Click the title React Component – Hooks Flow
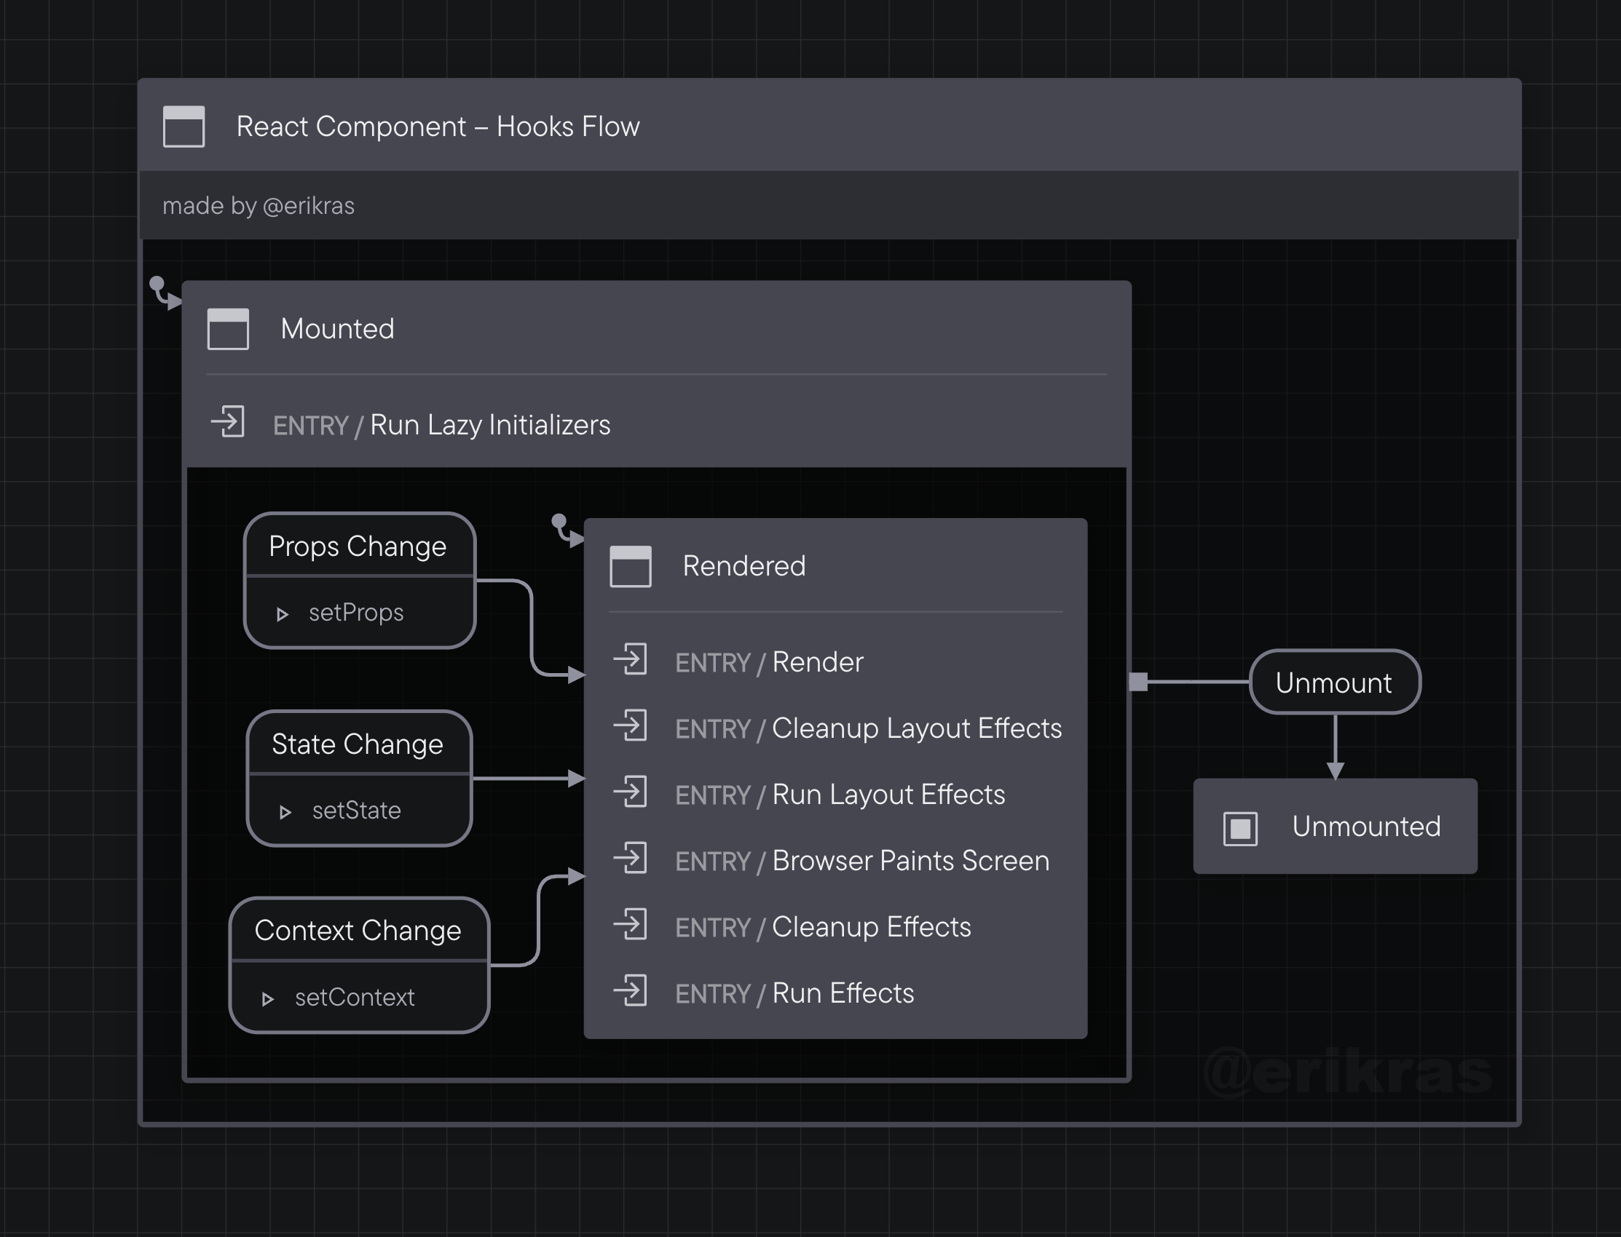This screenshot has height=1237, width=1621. click(x=438, y=127)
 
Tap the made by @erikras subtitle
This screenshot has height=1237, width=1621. click(x=258, y=205)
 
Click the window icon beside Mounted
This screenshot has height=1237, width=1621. click(x=228, y=328)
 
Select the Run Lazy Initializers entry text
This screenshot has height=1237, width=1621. click(x=489, y=425)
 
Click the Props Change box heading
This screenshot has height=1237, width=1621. click(x=358, y=546)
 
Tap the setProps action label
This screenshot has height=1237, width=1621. click(x=356, y=613)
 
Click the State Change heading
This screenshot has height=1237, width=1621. click(x=358, y=744)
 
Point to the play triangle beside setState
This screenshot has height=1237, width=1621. click(x=285, y=812)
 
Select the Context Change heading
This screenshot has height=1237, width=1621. click(x=358, y=931)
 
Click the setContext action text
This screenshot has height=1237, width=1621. click(x=355, y=998)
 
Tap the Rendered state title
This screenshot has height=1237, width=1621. click(x=744, y=566)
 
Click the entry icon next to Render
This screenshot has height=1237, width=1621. click(x=631, y=660)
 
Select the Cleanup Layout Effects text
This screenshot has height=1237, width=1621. click(x=916, y=728)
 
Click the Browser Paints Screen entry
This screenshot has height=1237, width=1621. click(x=910, y=861)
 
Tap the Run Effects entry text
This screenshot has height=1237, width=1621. click(x=843, y=993)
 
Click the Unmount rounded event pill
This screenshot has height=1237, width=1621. click(x=1333, y=683)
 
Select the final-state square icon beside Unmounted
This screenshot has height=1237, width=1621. click(x=1240, y=828)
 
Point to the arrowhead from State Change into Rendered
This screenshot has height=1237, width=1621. click(x=577, y=779)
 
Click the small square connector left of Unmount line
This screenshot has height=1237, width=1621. click(x=1138, y=682)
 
